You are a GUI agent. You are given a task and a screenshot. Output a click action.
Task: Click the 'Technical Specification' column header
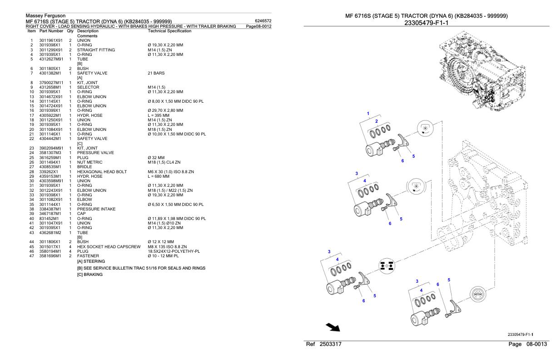[170, 31]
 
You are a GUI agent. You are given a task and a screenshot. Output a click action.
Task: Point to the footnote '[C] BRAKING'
[90, 274]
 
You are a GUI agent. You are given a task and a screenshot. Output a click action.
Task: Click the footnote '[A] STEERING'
[91, 261]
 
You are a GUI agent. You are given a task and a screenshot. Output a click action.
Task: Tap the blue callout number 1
[368, 113]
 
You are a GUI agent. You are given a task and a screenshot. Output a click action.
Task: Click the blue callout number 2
[376, 121]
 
